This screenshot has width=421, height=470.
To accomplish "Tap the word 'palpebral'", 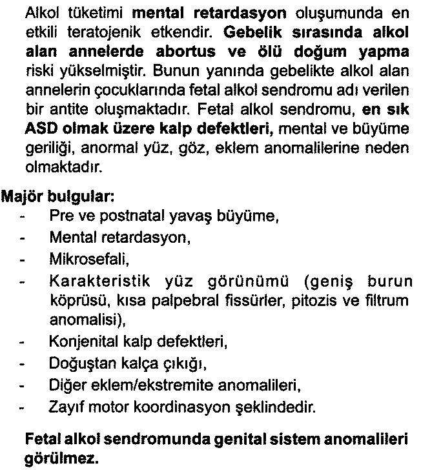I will coord(171,300).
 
